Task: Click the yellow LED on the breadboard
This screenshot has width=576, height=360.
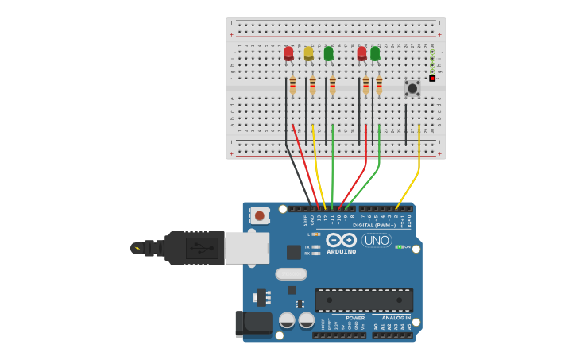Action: [308, 53]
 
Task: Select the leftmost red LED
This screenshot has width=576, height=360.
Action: [288, 53]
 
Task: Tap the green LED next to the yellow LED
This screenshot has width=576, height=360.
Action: [328, 53]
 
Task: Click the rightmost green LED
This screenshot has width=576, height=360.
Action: [375, 53]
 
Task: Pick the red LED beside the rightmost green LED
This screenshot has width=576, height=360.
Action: [362, 53]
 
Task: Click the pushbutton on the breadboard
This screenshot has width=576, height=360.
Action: [412, 88]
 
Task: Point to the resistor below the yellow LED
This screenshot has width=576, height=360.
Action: [312, 85]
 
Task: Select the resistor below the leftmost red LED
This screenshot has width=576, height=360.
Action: [292, 85]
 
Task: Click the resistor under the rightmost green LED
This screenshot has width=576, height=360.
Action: [379, 85]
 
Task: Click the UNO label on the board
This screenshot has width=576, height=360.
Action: [377, 240]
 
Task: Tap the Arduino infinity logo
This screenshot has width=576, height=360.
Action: [341, 239]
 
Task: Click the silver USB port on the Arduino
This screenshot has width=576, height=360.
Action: [246, 248]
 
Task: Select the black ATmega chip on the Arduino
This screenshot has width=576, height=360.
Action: [364, 300]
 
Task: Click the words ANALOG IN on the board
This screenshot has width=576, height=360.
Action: [396, 318]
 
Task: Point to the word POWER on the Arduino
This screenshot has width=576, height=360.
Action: [355, 318]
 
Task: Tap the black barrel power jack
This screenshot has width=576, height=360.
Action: [253, 323]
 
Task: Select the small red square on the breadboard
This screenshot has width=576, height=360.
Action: [432, 79]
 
